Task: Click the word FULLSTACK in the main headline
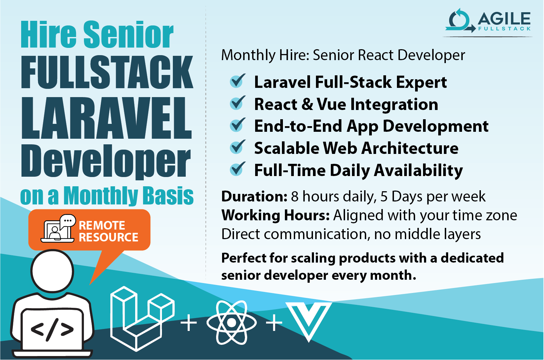(107, 72)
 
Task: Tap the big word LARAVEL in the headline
(106, 118)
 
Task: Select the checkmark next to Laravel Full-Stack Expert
(237, 81)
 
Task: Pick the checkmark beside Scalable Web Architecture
(237, 147)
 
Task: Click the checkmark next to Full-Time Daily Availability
(237, 169)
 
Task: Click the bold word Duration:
(254, 197)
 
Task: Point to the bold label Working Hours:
(275, 215)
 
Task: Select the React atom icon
(231, 323)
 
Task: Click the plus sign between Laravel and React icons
(189, 323)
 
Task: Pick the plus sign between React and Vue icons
(274, 323)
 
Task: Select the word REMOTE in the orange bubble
(102, 225)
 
